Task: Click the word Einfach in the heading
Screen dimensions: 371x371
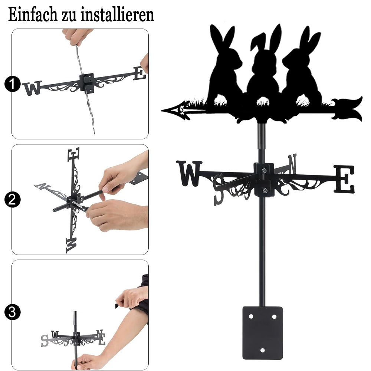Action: click(32, 15)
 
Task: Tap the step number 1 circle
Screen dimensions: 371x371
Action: click(12, 84)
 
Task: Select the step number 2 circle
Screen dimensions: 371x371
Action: click(12, 200)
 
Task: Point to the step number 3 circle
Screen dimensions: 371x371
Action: click(12, 312)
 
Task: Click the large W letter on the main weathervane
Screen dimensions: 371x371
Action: click(189, 173)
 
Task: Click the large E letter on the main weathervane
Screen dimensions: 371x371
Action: click(344, 179)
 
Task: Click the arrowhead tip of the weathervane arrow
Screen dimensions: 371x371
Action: click(162, 110)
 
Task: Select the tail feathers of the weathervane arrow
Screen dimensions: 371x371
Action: click(348, 109)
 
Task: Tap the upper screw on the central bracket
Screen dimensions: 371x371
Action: click(264, 170)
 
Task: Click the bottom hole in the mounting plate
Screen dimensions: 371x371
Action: click(262, 350)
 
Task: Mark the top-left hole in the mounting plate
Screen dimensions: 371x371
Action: click(251, 316)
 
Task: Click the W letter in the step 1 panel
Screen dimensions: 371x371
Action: click(32, 88)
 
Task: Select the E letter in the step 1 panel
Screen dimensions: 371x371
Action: click(139, 73)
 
